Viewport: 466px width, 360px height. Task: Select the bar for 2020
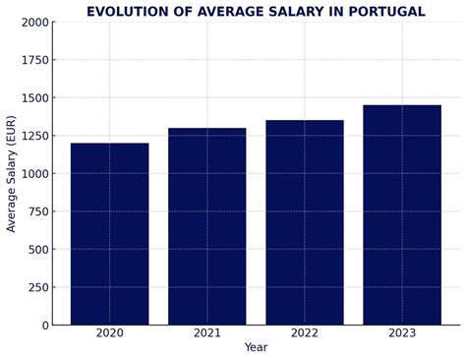click(109, 234)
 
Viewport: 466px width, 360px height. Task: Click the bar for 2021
click(206, 226)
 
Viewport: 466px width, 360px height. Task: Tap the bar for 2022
click(305, 222)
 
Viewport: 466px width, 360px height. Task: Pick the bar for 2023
click(402, 214)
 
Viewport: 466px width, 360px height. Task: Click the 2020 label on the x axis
click(109, 333)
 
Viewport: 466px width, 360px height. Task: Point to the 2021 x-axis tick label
click(206, 333)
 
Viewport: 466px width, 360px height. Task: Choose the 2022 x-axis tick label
click(305, 333)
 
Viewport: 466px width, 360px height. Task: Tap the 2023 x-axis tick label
click(402, 333)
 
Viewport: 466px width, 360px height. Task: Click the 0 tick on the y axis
click(44, 326)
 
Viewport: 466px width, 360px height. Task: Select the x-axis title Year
click(256, 348)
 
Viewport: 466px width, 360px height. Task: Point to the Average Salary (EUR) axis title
click(12, 174)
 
